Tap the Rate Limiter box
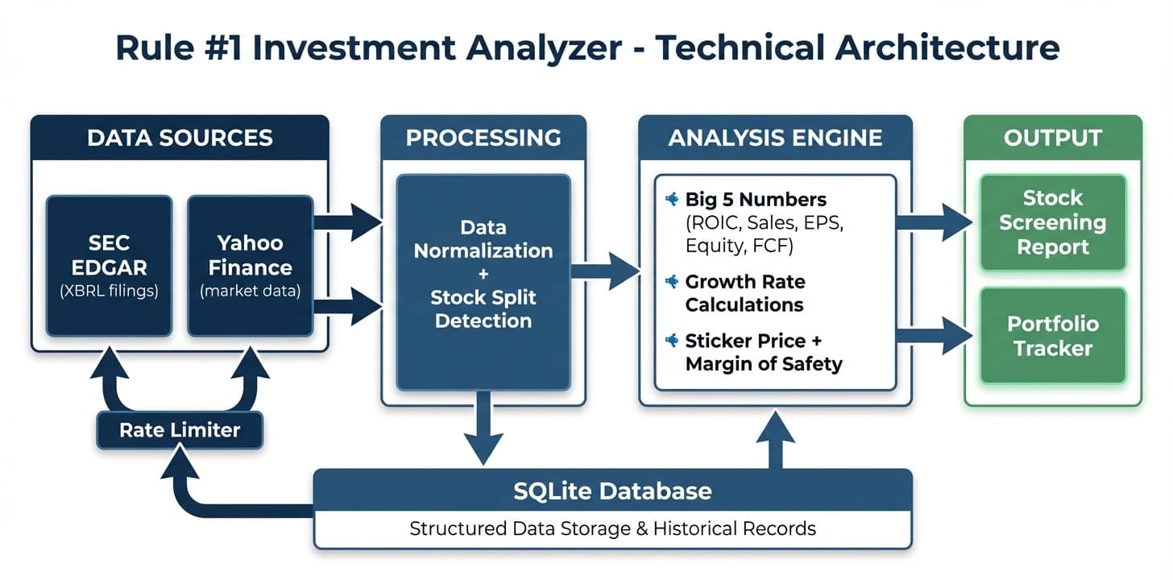tap(180, 430)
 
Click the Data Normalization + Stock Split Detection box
tap(483, 282)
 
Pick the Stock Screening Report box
tap(1052, 222)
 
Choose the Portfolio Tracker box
tap(1052, 336)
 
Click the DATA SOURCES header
tap(180, 138)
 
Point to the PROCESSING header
tap(483, 138)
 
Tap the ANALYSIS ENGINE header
tap(775, 138)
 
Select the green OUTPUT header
tap(1052, 138)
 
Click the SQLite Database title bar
tap(612, 491)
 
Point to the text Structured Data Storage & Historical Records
tap(612, 529)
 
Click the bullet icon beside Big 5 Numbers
tap(670, 199)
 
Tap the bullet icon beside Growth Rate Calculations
tap(670, 282)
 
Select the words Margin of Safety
tap(764, 364)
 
